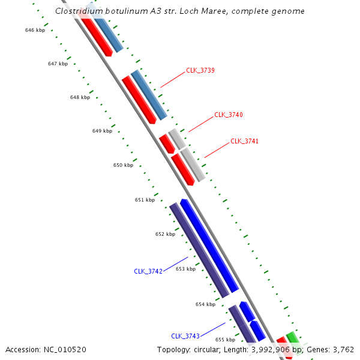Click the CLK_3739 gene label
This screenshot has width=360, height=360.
[200, 70]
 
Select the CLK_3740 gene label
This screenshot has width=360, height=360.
[229, 115]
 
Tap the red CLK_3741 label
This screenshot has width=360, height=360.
[245, 141]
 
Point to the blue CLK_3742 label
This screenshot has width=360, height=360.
[148, 271]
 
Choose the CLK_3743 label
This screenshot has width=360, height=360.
[185, 336]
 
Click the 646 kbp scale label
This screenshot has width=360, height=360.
[35, 30]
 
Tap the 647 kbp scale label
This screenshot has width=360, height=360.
[58, 64]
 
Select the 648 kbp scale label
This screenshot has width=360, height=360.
[80, 97]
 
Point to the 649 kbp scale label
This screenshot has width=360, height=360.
[102, 131]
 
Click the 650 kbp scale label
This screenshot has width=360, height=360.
[124, 165]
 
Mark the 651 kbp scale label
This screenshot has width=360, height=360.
[145, 200]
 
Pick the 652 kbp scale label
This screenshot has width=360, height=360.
[165, 234]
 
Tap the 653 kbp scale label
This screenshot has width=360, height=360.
[185, 269]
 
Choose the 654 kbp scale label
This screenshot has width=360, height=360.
[205, 304]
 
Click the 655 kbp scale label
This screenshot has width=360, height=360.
[225, 340]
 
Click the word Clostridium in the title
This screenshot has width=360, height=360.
[77, 11]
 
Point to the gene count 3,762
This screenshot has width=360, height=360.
[343, 350]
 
